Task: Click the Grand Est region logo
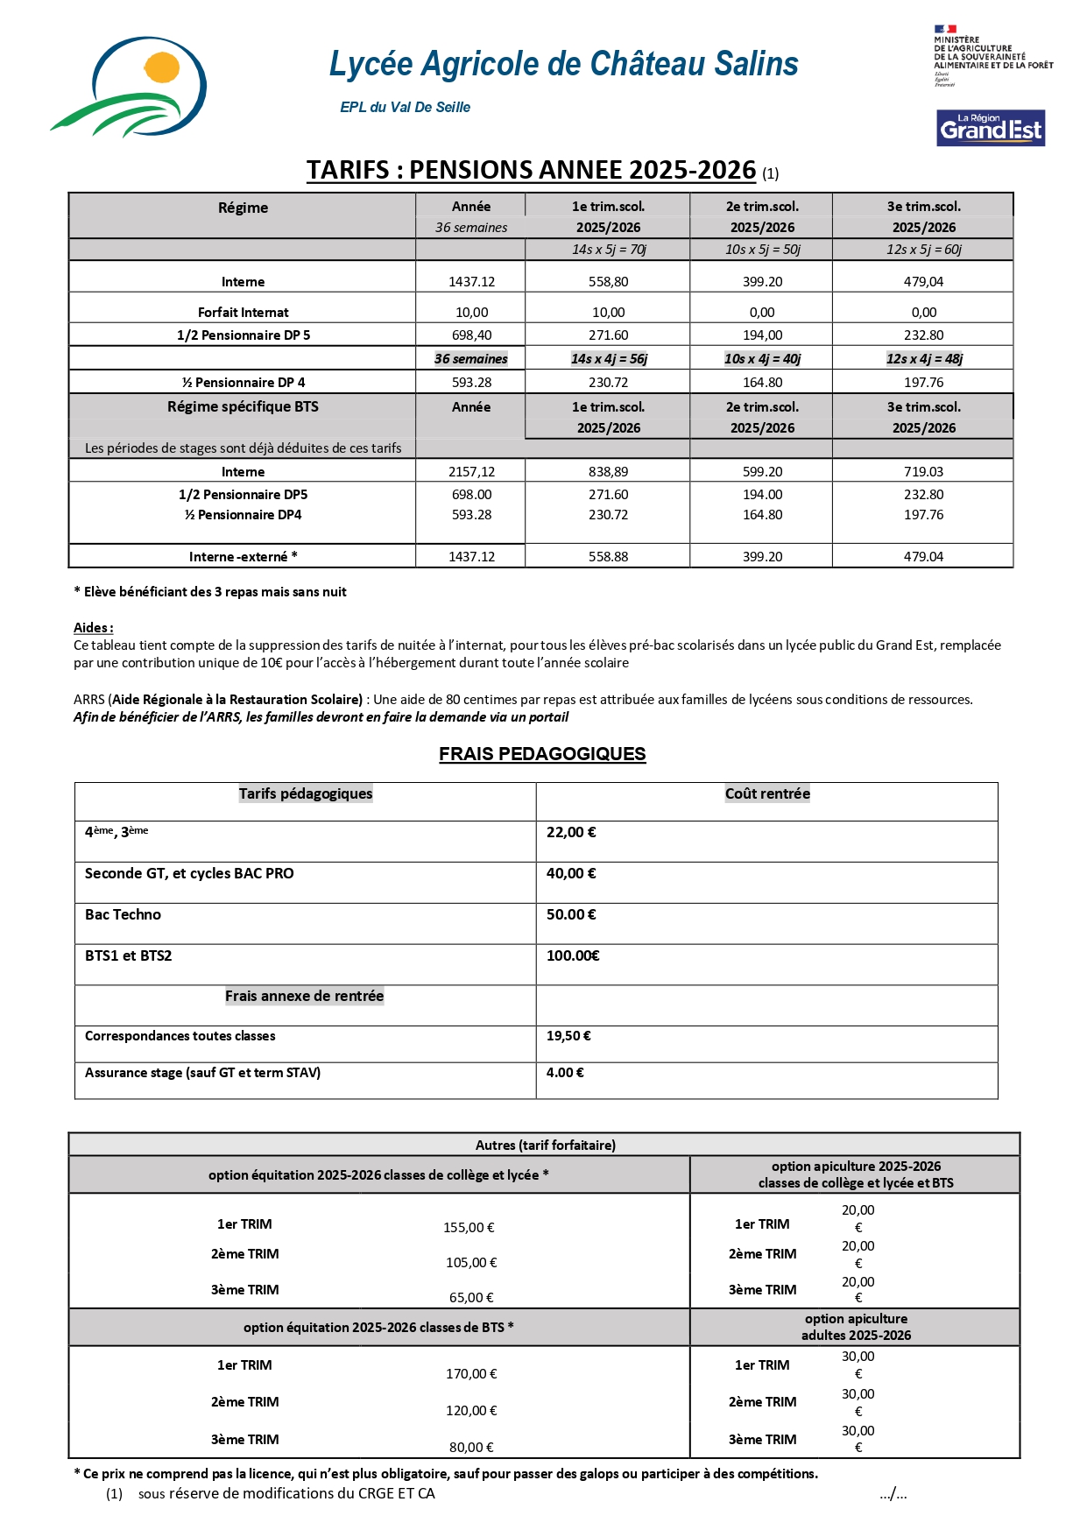tap(990, 128)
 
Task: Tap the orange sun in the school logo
tap(162, 67)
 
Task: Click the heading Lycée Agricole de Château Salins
tap(563, 64)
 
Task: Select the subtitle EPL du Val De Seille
tap(405, 107)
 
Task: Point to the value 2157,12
tap(471, 471)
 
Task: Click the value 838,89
tap(608, 471)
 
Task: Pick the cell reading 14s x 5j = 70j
tap(608, 250)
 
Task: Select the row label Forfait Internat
tap(243, 313)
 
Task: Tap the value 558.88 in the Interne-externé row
tap(608, 557)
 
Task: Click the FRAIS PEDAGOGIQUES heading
tap(542, 754)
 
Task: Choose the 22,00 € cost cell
tap(571, 832)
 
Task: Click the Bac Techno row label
tap(123, 914)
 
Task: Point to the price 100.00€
tap(573, 955)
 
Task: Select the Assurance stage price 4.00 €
tap(565, 1072)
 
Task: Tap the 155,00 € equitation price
tap(469, 1228)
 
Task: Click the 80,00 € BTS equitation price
tap(471, 1447)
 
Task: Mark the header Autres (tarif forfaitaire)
tap(545, 1145)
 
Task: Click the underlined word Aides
tap(93, 627)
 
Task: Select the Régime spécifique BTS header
tap(243, 407)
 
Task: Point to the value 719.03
tap(923, 471)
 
